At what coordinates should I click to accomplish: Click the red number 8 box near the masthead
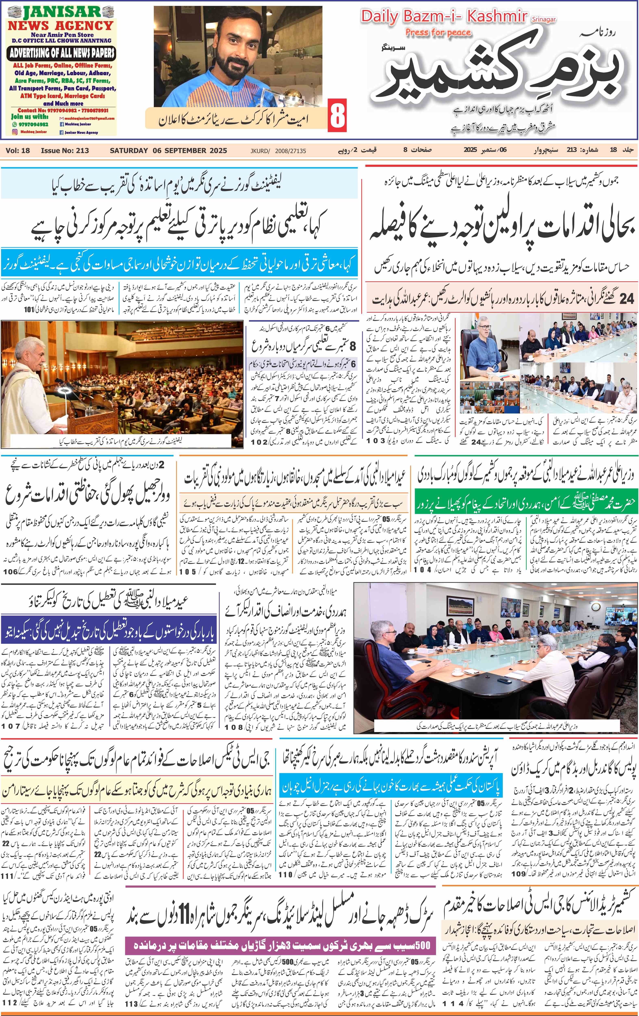tap(337, 116)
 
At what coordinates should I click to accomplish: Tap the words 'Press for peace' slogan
tap(438, 33)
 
